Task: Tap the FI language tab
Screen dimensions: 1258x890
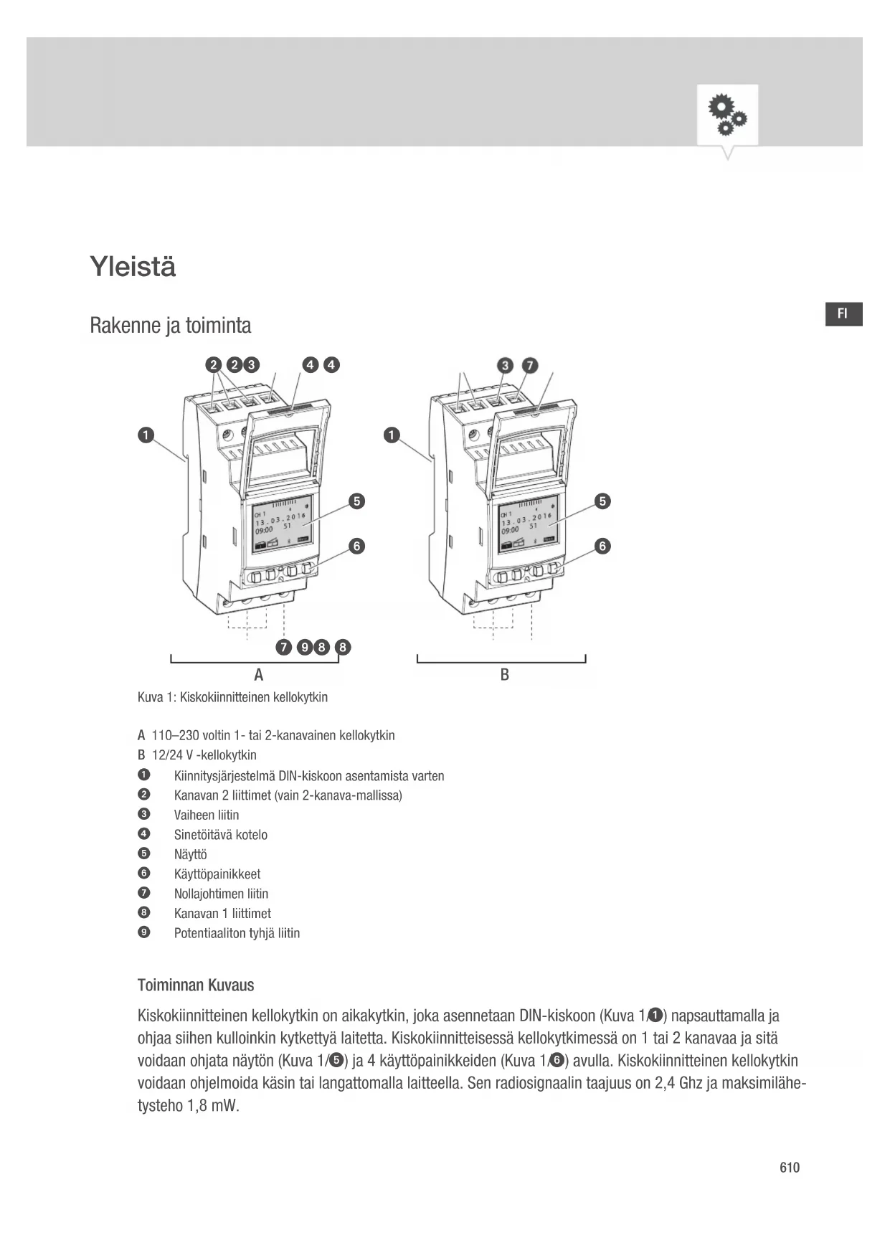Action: [843, 314]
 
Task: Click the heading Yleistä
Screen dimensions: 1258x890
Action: [133, 267]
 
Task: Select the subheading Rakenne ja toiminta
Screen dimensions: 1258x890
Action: [171, 326]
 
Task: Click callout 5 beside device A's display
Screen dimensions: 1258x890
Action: [356, 501]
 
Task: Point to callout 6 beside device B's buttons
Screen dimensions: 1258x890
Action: [602, 547]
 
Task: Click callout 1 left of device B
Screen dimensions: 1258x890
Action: [391, 435]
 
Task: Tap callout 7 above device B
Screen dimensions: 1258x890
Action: [529, 366]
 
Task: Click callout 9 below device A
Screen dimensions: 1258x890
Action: [305, 648]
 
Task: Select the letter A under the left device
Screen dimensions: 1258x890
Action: [259, 675]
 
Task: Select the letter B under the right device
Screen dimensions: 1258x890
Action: [505, 675]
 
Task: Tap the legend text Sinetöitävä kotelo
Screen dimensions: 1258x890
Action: [221, 835]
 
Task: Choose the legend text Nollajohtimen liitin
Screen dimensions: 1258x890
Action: [221, 894]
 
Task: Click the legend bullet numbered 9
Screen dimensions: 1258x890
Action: [144, 932]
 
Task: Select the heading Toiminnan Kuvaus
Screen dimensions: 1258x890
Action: [196, 985]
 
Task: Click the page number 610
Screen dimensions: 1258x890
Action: [789, 1168]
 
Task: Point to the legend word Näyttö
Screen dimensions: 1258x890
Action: [191, 854]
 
